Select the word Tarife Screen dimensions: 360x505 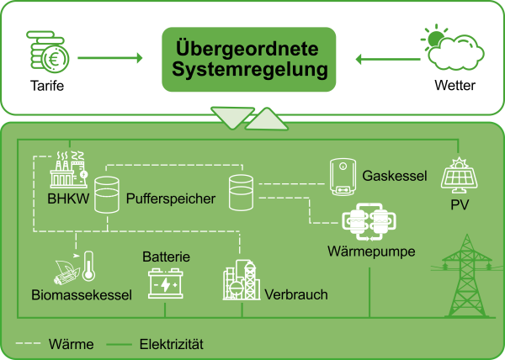(46, 87)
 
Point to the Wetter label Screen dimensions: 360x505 (454, 87)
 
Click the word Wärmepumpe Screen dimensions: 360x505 (371, 251)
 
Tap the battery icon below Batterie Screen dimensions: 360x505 (165, 283)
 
